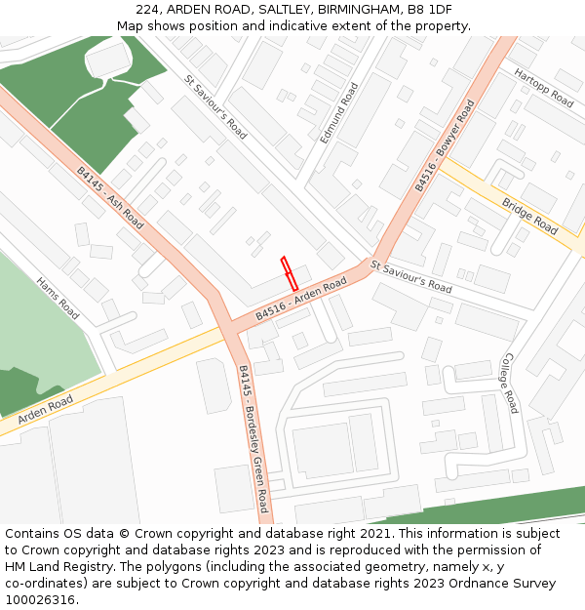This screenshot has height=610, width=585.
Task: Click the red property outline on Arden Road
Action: [290, 272]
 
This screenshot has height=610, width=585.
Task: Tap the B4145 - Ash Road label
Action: [110, 198]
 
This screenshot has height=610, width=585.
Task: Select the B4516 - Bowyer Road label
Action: [444, 145]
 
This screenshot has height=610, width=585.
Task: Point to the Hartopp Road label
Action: [544, 87]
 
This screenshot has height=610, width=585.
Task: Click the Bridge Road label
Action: [529, 217]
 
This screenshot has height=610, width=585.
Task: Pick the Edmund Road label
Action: [339, 113]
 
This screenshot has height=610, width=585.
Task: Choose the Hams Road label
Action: [58, 298]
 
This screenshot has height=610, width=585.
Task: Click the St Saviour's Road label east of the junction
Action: [410, 276]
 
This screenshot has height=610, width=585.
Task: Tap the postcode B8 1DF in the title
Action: [430, 9]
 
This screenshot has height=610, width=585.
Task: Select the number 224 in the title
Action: [162, 9]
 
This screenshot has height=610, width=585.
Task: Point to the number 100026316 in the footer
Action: [40, 600]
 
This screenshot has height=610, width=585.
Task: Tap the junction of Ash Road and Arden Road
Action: [232, 327]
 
